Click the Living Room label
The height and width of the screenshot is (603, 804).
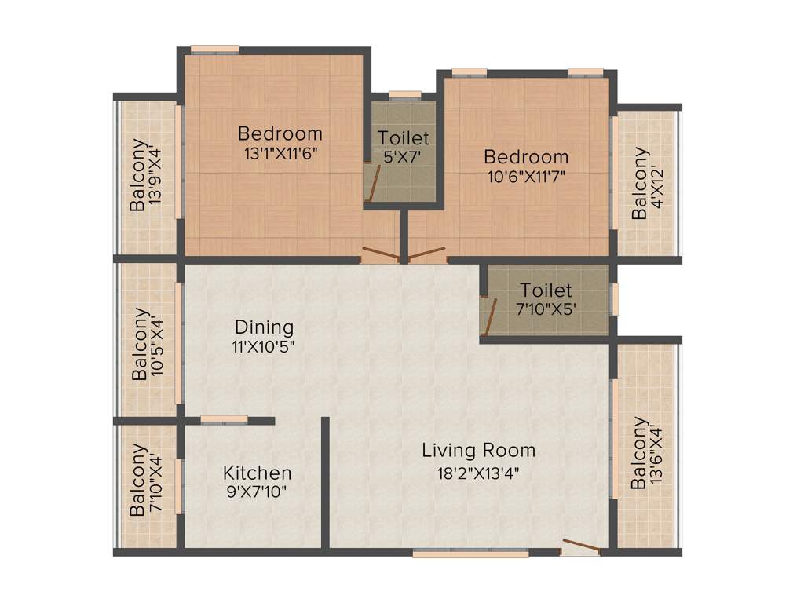point(478,450)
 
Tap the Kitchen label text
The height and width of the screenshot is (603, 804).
point(258,473)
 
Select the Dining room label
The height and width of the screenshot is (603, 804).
point(264,327)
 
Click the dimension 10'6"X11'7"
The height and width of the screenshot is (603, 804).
point(525,176)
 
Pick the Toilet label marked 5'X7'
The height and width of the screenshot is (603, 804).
point(404,138)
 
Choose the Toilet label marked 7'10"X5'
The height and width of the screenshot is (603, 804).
point(546,291)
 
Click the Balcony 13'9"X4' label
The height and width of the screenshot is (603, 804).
point(138,175)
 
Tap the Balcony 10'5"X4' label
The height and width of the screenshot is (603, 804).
point(140,344)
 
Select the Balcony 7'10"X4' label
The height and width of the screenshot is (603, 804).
point(138,480)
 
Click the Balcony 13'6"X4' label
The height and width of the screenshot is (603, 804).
point(640,452)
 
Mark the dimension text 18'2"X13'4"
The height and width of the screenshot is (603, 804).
point(478,473)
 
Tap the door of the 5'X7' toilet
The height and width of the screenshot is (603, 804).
point(375,185)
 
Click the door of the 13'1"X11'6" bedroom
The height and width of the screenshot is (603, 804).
point(379,254)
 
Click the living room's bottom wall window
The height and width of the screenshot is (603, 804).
point(470,554)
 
